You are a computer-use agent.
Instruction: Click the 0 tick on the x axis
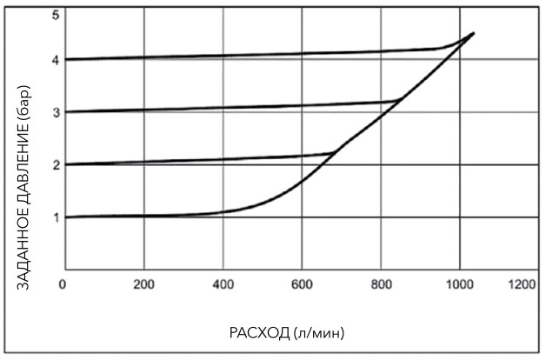tap(63, 284)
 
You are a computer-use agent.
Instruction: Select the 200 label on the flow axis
tap(144, 284)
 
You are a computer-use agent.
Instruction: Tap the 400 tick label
tap(223, 284)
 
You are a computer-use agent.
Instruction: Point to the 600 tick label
tap(303, 284)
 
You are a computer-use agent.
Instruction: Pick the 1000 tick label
tap(458, 284)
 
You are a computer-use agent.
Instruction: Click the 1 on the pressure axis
tap(55, 217)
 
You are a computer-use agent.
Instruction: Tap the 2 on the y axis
tap(55, 164)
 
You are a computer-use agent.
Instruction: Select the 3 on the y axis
tap(55, 112)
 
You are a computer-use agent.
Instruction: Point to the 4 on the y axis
tap(55, 60)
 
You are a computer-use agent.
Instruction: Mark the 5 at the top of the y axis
tap(55, 15)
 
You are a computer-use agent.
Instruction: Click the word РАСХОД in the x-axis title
tap(258, 332)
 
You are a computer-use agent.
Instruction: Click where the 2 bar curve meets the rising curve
tap(336, 153)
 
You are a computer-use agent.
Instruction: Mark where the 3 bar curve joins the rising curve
tap(399, 101)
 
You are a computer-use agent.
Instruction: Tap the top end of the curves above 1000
tap(473, 33)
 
